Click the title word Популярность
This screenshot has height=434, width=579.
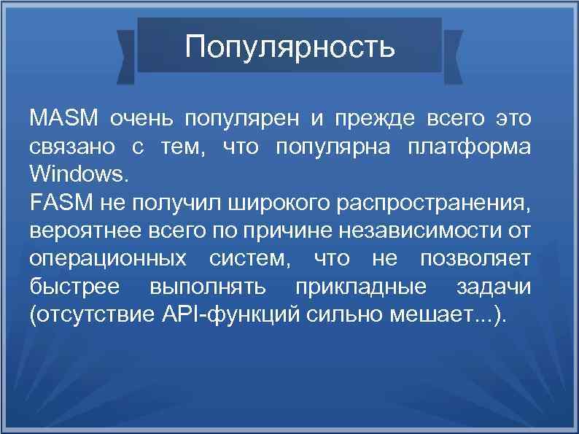coord(289,47)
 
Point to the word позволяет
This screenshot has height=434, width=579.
coord(475,259)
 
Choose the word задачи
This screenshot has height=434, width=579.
coord(494,287)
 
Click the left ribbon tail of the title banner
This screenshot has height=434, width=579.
coord(126,52)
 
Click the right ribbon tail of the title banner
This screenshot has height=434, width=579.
coord(453,52)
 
